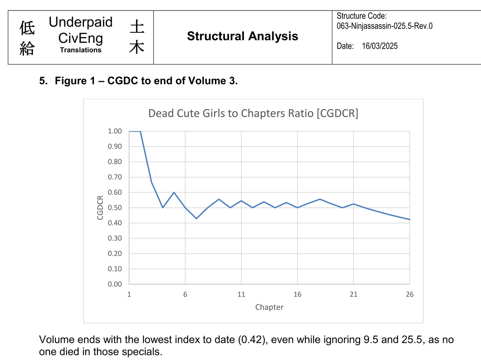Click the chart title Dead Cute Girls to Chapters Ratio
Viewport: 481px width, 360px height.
coord(253,113)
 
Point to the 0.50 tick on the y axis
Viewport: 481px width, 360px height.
coord(115,208)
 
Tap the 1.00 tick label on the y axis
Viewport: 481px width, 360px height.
coord(115,131)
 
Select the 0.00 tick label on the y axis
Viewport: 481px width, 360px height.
coord(115,284)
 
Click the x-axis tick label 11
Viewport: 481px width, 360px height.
coord(241,294)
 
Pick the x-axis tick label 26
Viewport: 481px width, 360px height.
coord(409,294)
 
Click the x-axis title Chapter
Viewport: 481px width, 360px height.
coord(269,307)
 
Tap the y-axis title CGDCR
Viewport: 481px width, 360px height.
coord(100,208)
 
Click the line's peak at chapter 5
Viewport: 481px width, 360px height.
coord(174,192)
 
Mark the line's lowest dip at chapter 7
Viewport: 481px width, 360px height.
coord(196,218)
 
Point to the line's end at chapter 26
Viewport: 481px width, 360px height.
coord(409,219)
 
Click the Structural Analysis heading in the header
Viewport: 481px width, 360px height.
coord(243,36)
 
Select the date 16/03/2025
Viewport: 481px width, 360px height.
coord(379,46)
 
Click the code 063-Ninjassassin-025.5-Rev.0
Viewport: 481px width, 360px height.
coord(384,26)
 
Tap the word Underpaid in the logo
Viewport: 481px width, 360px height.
coord(81,22)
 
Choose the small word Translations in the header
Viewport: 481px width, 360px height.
coord(81,50)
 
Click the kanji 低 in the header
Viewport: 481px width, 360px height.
coord(27,29)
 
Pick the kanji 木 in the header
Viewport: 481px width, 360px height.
coord(137,47)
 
